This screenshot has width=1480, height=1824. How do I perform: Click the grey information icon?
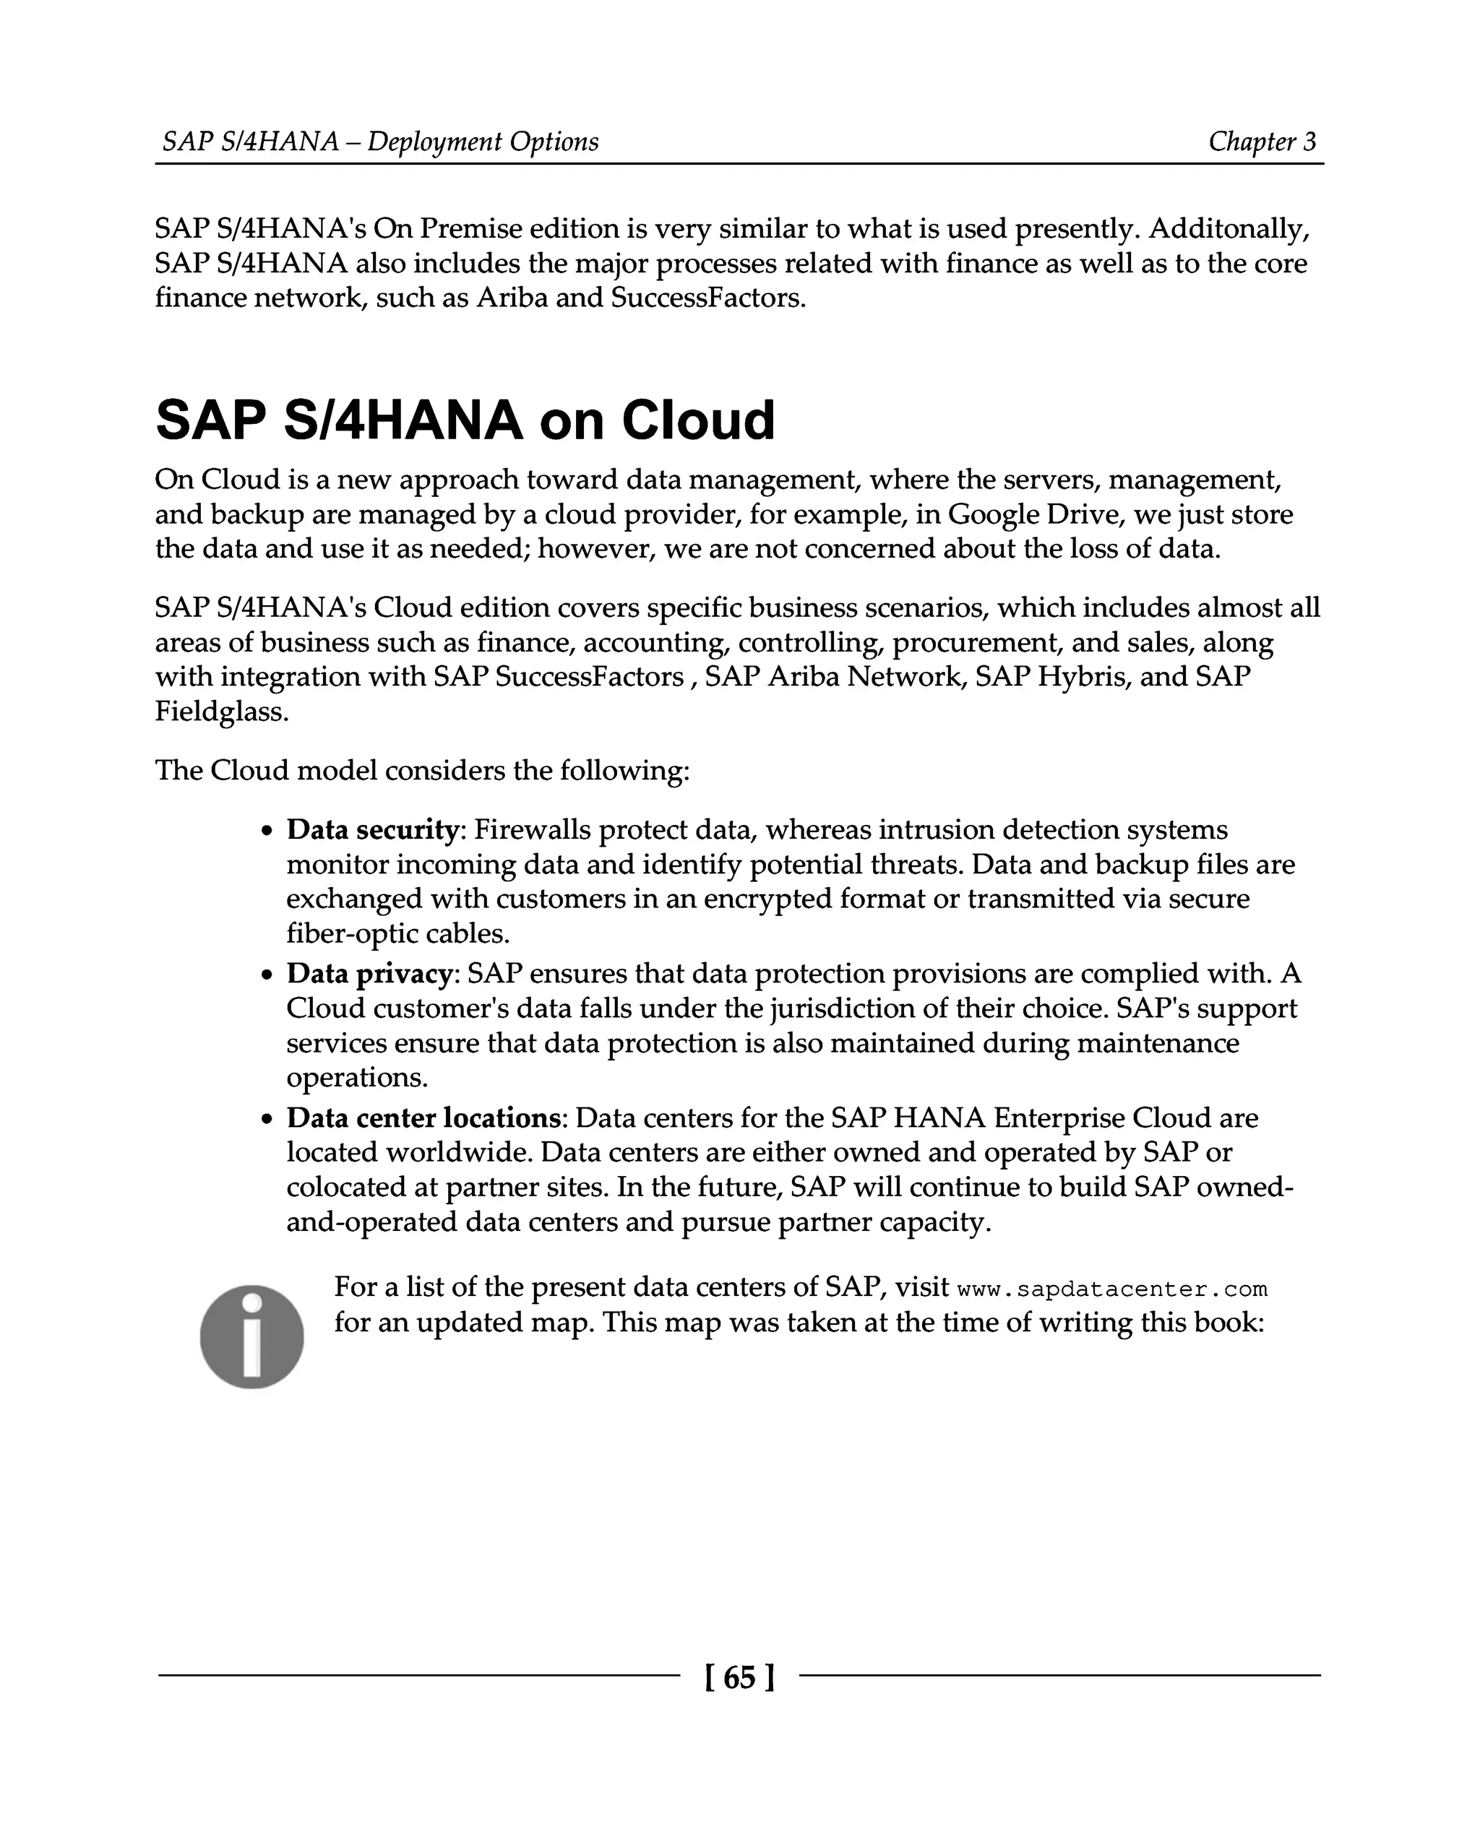click(251, 1336)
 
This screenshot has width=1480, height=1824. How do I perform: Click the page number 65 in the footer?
click(739, 1677)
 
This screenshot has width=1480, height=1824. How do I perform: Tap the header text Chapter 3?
click(1262, 142)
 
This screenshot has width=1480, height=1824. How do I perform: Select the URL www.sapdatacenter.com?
click(1113, 1289)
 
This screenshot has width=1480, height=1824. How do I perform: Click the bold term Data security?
click(373, 829)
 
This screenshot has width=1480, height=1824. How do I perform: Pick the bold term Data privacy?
click(369, 973)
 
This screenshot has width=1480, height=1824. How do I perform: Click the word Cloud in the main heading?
click(697, 421)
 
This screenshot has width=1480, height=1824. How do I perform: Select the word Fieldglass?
click(221, 711)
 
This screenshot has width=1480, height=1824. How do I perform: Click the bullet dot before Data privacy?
click(267, 975)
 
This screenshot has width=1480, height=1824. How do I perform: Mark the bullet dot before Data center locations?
click(267, 1119)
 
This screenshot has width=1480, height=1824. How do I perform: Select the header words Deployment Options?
click(483, 142)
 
